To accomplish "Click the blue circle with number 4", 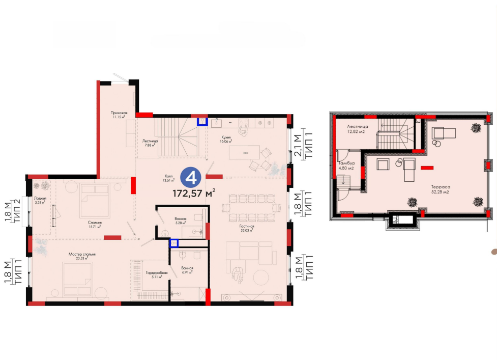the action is click(x=191, y=177).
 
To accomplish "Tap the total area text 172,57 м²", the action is click(x=194, y=193).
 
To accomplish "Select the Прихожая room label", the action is click(x=119, y=113).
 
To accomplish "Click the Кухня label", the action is click(x=226, y=137).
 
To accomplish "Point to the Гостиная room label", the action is click(x=247, y=227).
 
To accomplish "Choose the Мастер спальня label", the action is click(x=82, y=254).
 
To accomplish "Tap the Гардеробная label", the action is click(x=157, y=272).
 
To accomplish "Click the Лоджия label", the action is click(x=40, y=198).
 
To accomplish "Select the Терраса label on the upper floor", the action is click(x=441, y=187).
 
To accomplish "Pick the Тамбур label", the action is click(x=346, y=163).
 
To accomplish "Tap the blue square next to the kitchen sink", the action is click(x=202, y=122).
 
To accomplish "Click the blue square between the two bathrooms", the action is click(x=174, y=243).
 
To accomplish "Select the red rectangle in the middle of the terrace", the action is click(x=427, y=168).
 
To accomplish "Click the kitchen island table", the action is click(x=244, y=153).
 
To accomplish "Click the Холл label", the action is click(x=168, y=176).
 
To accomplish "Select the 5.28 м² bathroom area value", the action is click(x=181, y=223).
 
